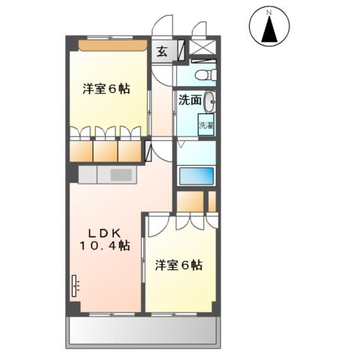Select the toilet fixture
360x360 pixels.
205,75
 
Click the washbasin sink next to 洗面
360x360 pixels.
209,100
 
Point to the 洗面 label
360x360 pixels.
189,100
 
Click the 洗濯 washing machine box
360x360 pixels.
205,125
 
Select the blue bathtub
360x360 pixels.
196,176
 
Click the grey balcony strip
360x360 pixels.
143,331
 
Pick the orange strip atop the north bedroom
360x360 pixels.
112,45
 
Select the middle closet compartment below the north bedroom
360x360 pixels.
106,151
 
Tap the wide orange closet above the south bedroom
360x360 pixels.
190,202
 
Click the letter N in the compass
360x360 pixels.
269,11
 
